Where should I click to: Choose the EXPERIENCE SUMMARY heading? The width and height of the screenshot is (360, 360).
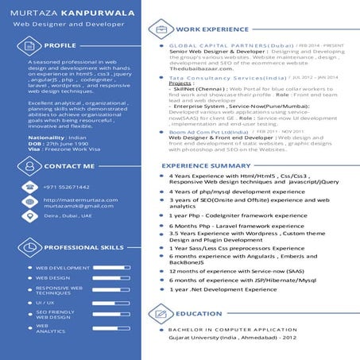206,165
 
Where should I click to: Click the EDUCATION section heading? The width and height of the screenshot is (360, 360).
199,314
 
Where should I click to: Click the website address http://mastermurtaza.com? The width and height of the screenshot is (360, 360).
74,199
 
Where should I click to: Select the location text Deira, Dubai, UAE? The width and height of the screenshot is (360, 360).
68,215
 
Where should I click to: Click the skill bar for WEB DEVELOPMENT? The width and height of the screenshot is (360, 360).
110,268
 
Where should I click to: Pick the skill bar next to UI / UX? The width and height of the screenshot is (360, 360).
110,303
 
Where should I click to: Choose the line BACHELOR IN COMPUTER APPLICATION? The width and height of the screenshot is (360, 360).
232,329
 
